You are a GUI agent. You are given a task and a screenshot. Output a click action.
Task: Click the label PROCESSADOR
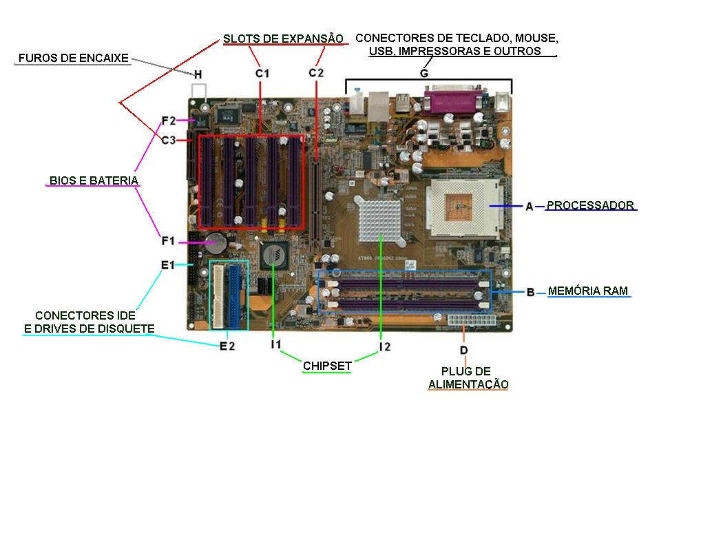coord(590,205)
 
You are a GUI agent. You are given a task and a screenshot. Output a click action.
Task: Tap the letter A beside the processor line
coord(529,206)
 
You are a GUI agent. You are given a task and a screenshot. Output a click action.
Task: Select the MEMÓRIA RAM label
coord(588,291)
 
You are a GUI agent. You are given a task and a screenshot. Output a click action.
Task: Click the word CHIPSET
coord(327,366)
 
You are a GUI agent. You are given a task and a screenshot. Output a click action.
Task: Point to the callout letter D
coord(463,351)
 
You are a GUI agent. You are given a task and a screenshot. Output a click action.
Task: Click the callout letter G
coord(424,73)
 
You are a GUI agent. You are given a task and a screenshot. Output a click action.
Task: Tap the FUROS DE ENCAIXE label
coord(74,58)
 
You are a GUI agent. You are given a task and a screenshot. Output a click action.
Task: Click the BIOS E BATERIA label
coord(94,180)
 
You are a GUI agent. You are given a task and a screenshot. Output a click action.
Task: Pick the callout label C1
coord(262,72)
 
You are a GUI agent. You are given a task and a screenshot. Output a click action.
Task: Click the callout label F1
coord(168,241)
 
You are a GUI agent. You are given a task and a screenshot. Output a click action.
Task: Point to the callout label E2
coord(227,346)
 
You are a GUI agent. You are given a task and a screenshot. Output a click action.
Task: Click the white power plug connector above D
coord(471,322)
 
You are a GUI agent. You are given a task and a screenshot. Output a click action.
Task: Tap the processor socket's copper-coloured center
coord(459,206)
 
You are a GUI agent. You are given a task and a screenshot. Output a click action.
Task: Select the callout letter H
coord(198,74)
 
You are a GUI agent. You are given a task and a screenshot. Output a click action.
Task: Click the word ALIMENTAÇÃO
coord(468,384)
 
